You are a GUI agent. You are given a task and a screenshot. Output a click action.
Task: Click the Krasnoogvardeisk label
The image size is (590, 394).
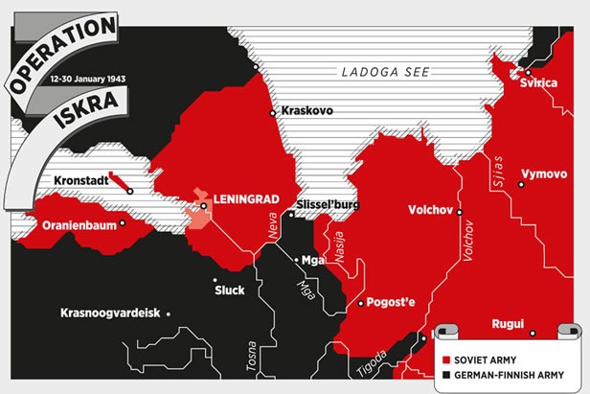110,313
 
